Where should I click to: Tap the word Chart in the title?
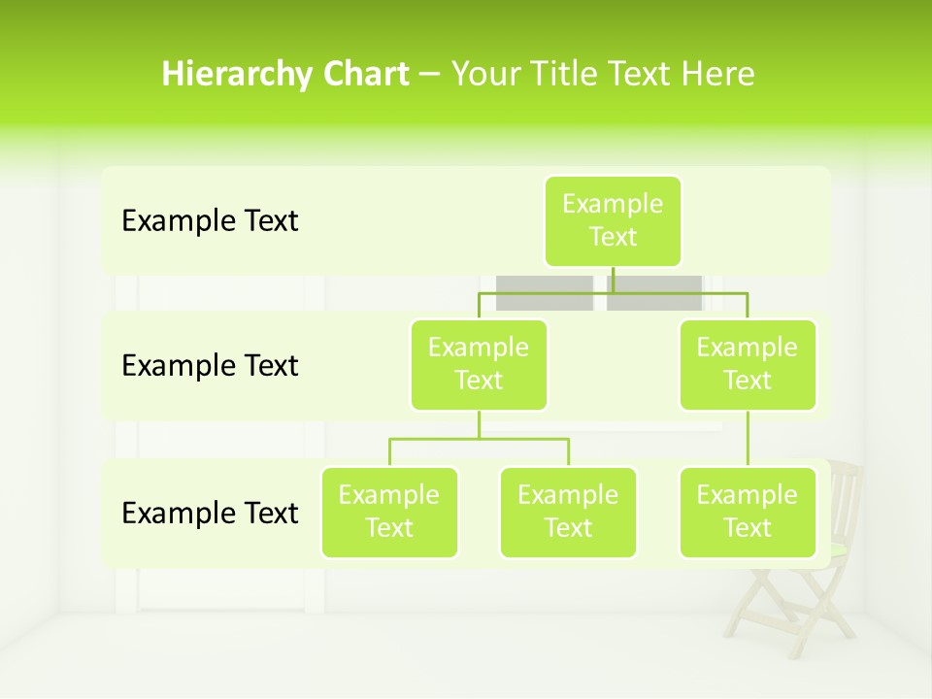[365, 75]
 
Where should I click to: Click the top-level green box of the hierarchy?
[613, 220]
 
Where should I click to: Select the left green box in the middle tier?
[479, 364]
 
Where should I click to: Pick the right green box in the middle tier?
[748, 364]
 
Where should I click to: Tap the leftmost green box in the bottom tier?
[389, 512]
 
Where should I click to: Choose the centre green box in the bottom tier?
[568, 512]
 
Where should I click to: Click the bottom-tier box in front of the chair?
[748, 512]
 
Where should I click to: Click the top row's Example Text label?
[210, 221]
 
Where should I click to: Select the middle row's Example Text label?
[210, 366]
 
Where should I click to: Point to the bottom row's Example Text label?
[210, 513]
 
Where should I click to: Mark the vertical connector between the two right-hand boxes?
[748, 439]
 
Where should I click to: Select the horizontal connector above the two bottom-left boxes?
[479, 439]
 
